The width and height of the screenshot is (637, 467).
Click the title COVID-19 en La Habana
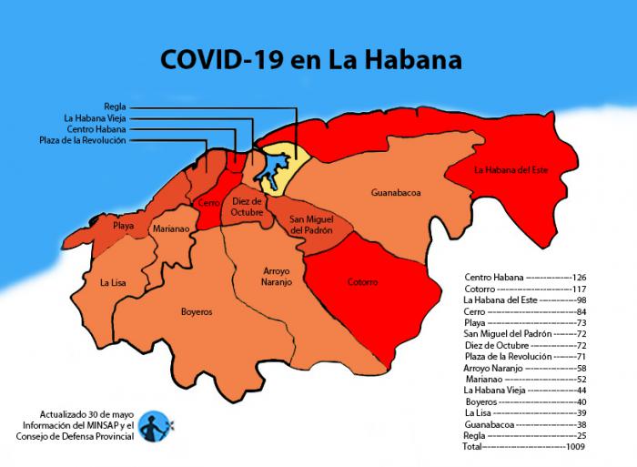310,60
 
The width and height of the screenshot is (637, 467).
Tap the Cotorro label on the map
362,282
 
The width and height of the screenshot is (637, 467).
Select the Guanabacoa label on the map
396,193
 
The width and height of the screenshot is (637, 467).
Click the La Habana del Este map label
511,169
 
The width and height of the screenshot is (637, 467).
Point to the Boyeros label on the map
197,311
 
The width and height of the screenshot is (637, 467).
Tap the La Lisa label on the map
113,283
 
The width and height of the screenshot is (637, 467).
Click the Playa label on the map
124,224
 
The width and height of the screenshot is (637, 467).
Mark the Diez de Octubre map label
247,207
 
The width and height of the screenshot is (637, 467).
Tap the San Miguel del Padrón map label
311,226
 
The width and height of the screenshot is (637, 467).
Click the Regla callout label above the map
115,106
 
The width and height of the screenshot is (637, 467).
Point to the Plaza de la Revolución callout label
83,140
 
